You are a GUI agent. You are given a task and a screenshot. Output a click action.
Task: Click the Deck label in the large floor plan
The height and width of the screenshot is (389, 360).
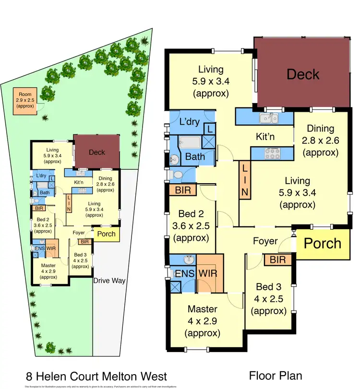tap(303, 74)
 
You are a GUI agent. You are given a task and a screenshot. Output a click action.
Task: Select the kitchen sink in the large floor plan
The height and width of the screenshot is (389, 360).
tap(268, 118)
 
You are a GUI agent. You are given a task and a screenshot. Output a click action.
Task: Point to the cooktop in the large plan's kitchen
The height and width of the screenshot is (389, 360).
tap(272, 153)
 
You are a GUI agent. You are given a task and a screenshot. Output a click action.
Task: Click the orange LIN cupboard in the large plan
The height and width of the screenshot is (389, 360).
tap(245, 179)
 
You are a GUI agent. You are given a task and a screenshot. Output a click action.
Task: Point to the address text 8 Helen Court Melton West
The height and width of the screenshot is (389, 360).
tap(96, 375)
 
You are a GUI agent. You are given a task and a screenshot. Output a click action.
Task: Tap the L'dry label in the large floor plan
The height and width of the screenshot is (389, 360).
tap(189, 122)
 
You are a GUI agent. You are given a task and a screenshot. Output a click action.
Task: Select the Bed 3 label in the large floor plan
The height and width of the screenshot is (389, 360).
tap(268, 299)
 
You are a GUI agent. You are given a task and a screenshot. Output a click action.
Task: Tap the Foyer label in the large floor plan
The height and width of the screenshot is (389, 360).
tap(265, 241)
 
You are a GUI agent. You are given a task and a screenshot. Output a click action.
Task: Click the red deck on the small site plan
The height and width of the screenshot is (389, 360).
tap(96, 152)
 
